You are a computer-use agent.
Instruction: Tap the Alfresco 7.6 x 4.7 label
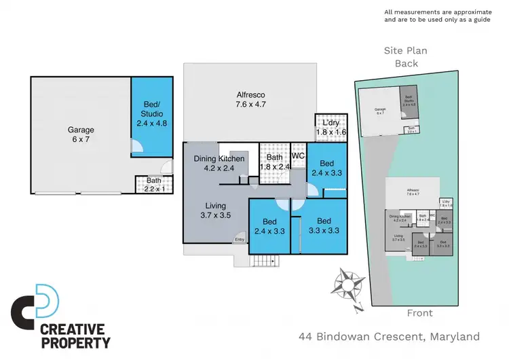(249, 100)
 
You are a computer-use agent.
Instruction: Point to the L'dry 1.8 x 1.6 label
(331, 127)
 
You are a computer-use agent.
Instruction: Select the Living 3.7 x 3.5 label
(215, 211)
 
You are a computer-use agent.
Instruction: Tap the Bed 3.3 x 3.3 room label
(323, 226)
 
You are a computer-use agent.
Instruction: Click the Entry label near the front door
(240, 239)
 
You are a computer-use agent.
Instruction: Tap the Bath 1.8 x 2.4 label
(274, 162)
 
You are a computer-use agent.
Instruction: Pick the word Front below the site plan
(419, 313)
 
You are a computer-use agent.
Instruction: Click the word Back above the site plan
(407, 64)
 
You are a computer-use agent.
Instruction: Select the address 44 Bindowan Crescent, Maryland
(389, 336)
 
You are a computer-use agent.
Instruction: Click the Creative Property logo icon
(35, 305)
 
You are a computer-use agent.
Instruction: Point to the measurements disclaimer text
(436, 16)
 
